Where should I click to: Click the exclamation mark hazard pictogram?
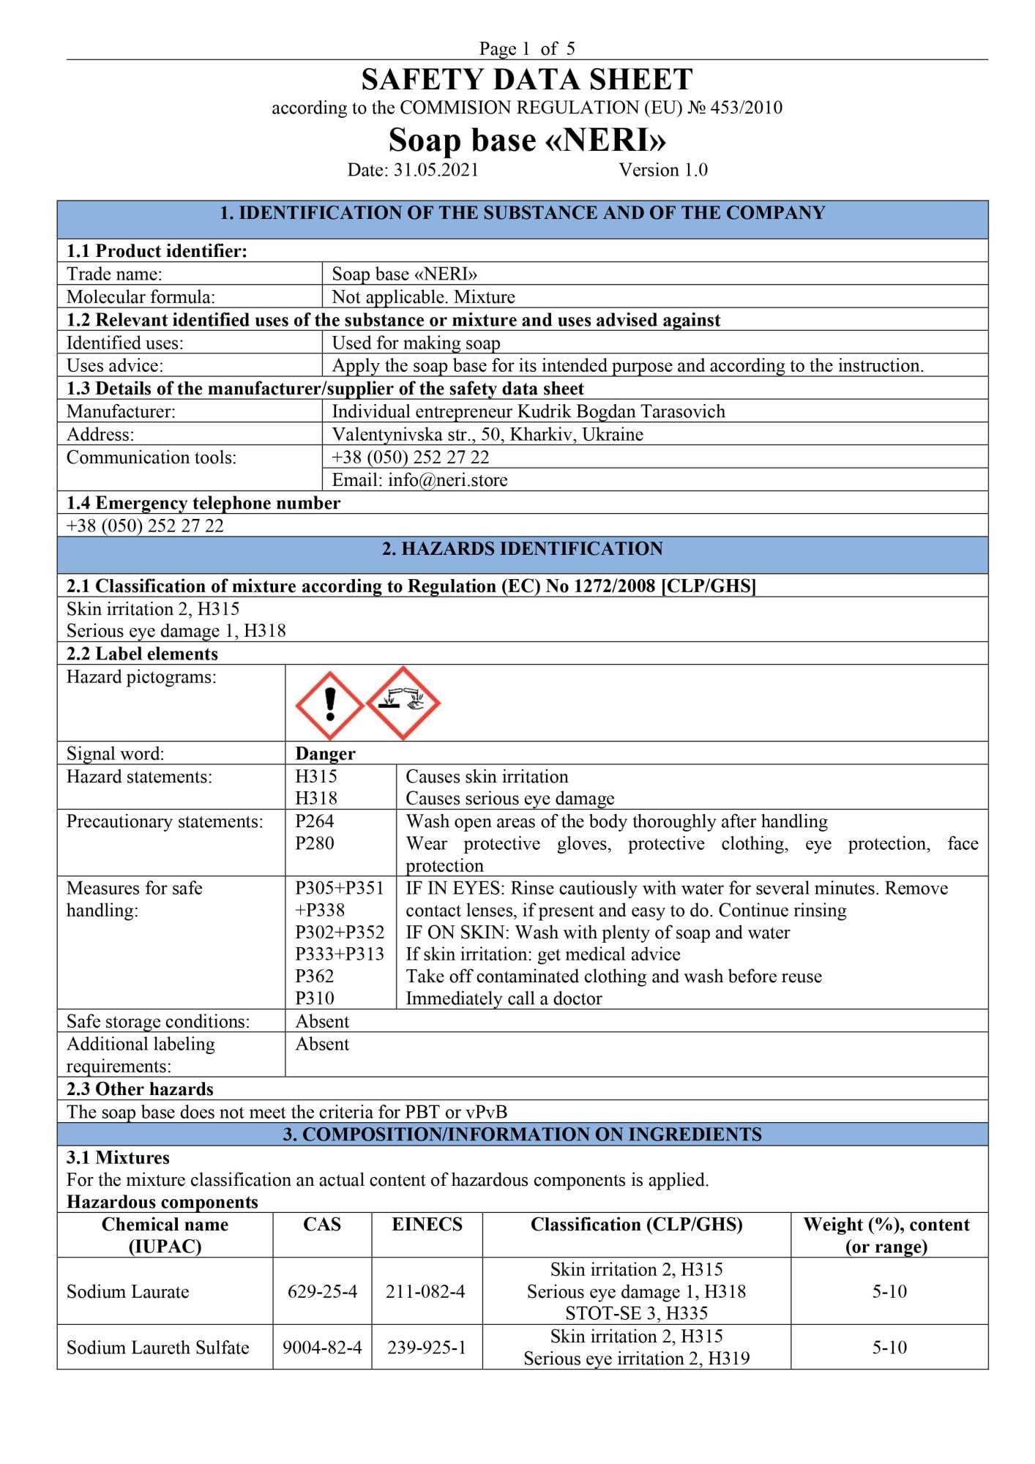(x=329, y=704)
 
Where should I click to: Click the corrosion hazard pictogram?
(x=403, y=703)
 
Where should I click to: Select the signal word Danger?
(x=325, y=753)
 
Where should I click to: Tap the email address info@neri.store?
(x=419, y=480)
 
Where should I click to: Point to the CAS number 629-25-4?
(x=322, y=1291)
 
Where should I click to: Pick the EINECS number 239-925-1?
(x=426, y=1347)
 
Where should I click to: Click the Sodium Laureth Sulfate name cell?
(x=158, y=1347)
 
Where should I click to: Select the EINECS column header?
(x=427, y=1225)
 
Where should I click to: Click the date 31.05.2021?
(x=436, y=170)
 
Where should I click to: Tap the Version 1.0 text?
(x=663, y=170)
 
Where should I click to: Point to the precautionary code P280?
(x=315, y=843)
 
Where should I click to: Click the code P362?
(x=315, y=976)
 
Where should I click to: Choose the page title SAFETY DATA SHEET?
(x=527, y=79)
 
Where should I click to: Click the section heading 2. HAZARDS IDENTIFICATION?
(x=522, y=549)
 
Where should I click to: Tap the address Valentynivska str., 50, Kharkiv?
(x=487, y=434)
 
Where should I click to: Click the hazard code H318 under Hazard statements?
(x=316, y=798)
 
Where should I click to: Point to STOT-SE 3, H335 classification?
(x=636, y=1313)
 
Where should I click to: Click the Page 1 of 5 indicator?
(x=527, y=48)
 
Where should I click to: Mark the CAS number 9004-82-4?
(x=322, y=1347)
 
